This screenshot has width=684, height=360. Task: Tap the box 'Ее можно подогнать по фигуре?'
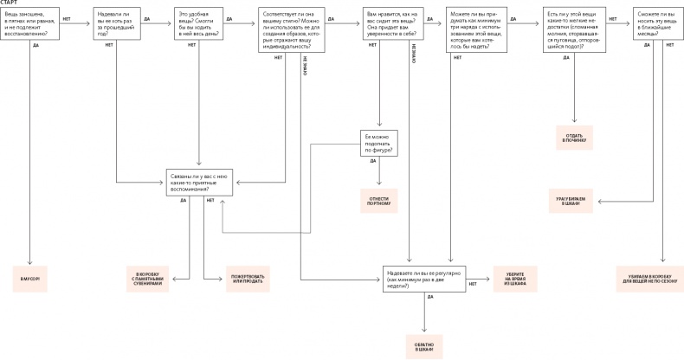click(379, 144)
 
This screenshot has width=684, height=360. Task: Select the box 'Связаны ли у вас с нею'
click(200, 182)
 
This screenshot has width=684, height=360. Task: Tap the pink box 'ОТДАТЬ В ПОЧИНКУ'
click(574, 138)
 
